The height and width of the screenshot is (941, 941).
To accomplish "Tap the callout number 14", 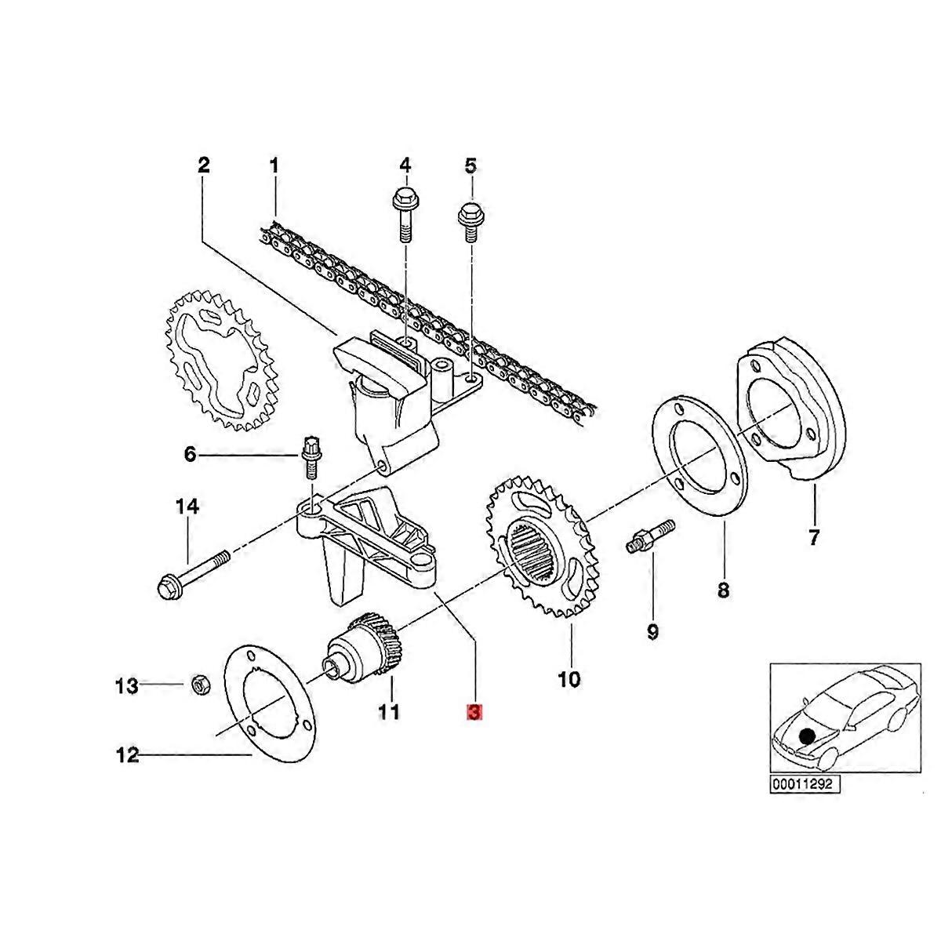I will (187, 507).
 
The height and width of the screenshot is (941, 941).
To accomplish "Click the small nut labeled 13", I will (199, 685).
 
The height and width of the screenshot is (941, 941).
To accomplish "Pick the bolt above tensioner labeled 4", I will (403, 209).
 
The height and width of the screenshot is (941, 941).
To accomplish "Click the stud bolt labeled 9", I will (652, 537).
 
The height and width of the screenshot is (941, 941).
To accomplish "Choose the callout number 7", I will (813, 538).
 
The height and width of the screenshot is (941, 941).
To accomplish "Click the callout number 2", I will (203, 165).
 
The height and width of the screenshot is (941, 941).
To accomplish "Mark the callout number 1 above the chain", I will (274, 165).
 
